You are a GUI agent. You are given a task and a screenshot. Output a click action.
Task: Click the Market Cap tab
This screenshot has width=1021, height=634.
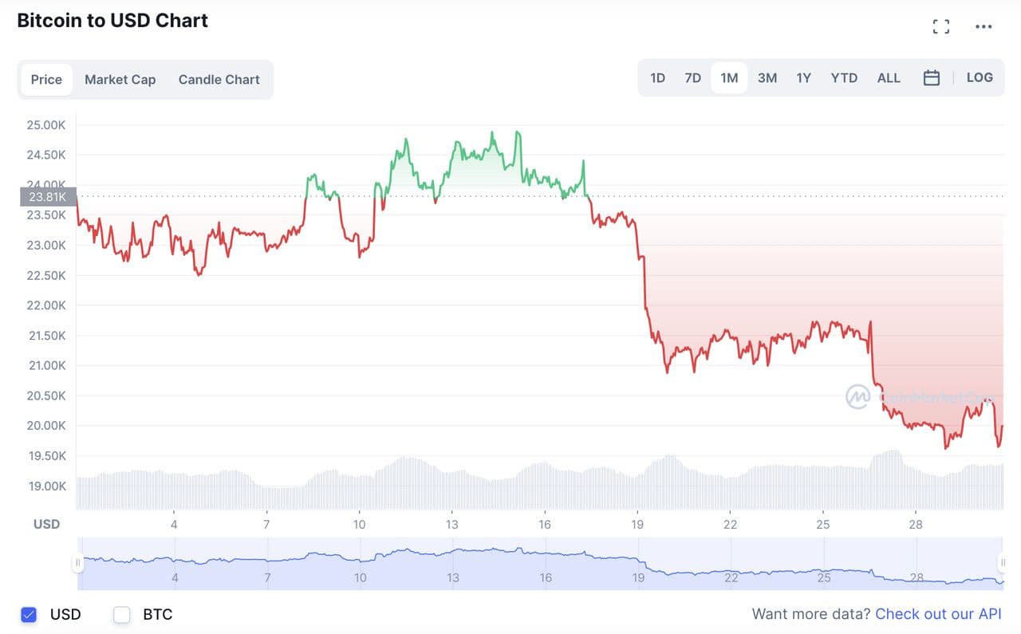(x=120, y=80)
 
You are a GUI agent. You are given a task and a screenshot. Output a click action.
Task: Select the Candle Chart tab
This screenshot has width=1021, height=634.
(x=219, y=80)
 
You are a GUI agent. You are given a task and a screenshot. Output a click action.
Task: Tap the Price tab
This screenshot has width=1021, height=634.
(x=46, y=80)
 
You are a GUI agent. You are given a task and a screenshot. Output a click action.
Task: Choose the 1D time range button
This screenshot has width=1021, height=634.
(x=657, y=78)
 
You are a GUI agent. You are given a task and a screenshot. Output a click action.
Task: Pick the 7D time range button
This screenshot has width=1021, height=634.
(x=692, y=78)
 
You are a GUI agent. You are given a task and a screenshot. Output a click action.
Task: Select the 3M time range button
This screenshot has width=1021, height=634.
(x=767, y=78)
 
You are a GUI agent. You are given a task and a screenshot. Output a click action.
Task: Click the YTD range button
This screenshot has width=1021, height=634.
(x=844, y=78)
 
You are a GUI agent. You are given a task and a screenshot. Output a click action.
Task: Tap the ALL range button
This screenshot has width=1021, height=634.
(x=889, y=78)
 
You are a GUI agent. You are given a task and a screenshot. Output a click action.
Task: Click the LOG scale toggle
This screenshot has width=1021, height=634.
(x=980, y=78)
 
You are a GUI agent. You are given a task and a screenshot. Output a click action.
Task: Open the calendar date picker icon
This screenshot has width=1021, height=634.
(x=931, y=78)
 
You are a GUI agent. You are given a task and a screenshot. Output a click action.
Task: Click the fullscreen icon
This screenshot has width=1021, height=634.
(x=941, y=27)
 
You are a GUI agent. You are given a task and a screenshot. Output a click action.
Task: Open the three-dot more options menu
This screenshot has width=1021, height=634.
(x=984, y=27)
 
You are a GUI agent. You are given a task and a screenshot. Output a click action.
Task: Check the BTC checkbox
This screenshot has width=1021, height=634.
(x=122, y=615)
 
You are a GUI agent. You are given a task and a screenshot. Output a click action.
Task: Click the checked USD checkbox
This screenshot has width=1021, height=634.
(x=30, y=615)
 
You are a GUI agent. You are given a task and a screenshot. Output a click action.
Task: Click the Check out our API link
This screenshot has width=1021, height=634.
(x=938, y=614)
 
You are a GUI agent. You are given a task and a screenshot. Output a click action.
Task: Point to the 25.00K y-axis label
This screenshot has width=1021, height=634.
(x=46, y=125)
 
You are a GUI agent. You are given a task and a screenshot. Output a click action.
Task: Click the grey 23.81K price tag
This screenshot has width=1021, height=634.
(x=48, y=196)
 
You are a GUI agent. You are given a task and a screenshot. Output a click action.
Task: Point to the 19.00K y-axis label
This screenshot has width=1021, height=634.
(x=46, y=486)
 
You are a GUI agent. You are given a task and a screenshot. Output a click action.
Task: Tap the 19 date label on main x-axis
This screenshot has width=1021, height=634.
(x=637, y=524)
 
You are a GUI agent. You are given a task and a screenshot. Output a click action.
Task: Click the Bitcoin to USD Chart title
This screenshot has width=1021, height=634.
(x=112, y=21)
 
